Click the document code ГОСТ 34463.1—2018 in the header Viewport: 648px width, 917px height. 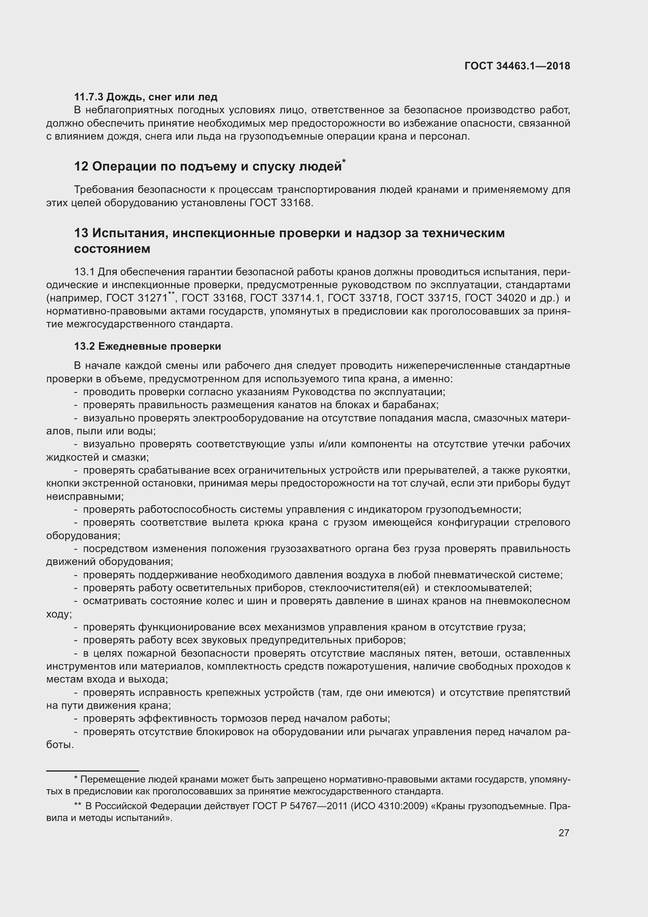coord(517,66)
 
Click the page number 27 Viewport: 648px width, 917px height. coord(563,833)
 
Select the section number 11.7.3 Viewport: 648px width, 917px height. coord(89,97)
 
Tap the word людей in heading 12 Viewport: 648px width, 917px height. coord(320,166)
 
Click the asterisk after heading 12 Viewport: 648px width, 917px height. coord(344,161)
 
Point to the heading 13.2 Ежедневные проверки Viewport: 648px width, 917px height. coord(147,346)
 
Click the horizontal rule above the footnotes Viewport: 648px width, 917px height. coord(92,771)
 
